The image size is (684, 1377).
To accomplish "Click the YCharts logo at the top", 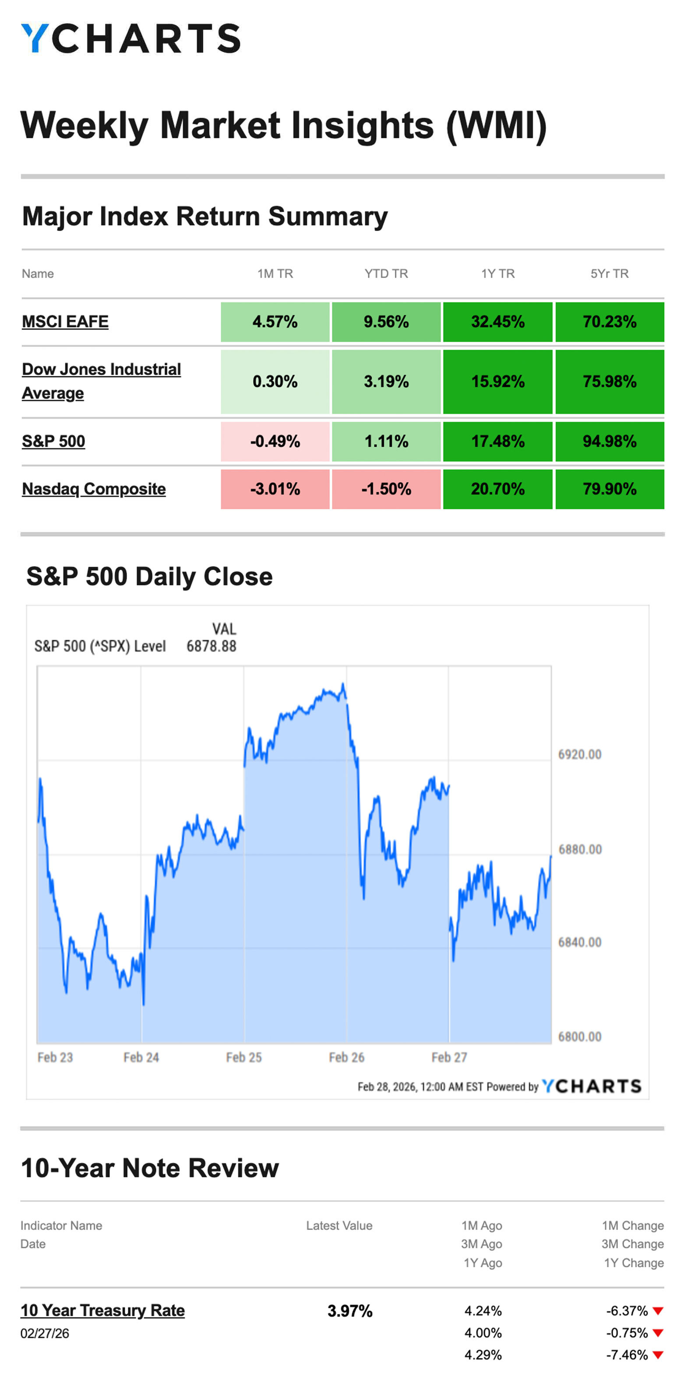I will pyautogui.click(x=130, y=39).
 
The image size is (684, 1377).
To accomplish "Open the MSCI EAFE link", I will pyautogui.click(x=65, y=322).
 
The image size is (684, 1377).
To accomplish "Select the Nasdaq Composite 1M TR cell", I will pyautogui.click(x=275, y=489).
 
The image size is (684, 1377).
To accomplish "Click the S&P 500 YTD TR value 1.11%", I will pyautogui.click(x=386, y=441).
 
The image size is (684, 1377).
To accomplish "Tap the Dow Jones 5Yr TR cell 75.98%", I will pyautogui.click(x=609, y=382).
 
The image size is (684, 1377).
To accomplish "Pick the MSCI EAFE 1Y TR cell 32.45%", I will pyautogui.click(x=497, y=322).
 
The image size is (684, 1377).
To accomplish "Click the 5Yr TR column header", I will pyautogui.click(x=609, y=273).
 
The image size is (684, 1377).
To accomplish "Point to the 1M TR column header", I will pyautogui.click(x=275, y=273).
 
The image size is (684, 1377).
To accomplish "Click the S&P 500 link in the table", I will pyautogui.click(x=53, y=441).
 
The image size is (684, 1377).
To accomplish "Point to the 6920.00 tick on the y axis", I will pyautogui.click(x=580, y=754).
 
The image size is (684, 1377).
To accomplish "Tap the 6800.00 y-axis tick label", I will pyautogui.click(x=580, y=1037).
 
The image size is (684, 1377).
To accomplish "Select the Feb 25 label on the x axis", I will pyautogui.click(x=244, y=1057).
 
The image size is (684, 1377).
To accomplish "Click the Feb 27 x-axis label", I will pyautogui.click(x=449, y=1057).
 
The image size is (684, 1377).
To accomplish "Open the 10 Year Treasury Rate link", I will pyautogui.click(x=102, y=1310).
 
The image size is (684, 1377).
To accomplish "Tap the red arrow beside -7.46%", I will pyautogui.click(x=658, y=1355).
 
